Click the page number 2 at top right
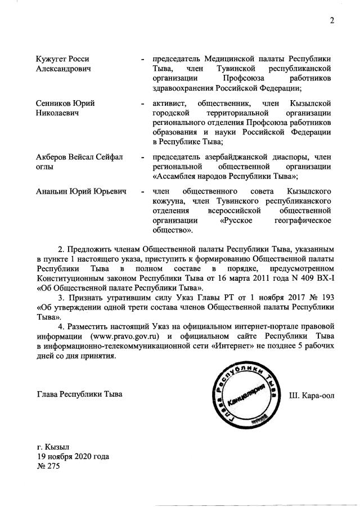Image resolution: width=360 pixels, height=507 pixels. (332, 21)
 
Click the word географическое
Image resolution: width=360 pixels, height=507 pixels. (303, 221)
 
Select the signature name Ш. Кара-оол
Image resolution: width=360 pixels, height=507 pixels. (312, 394)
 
